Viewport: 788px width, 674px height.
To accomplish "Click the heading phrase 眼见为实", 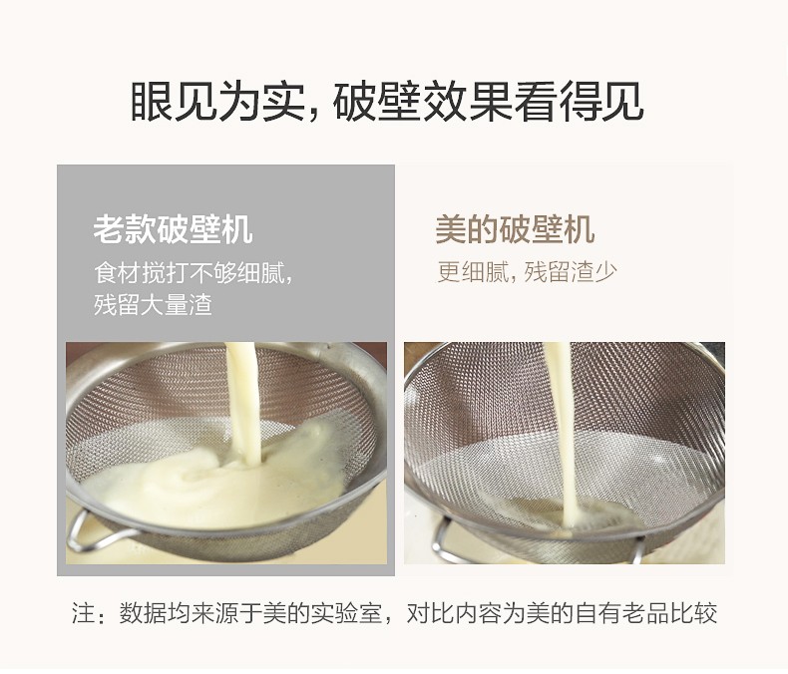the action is (218, 101).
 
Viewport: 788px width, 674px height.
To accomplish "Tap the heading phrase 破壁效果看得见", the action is (488, 101).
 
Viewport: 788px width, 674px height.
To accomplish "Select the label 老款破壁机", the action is (173, 229).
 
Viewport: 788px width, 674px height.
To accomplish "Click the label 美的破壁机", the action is (515, 229).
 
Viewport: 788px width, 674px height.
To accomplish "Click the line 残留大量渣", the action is (153, 304).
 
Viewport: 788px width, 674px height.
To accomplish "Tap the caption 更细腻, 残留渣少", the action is (527, 272).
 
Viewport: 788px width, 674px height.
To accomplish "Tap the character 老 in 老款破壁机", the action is (109, 229).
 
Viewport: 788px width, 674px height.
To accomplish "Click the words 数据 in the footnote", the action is (143, 613).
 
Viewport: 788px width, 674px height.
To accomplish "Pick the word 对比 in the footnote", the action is (430, 613).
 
